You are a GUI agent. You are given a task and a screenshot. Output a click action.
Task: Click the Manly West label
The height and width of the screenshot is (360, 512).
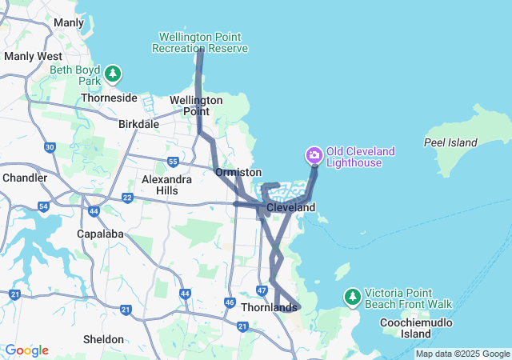(33, 57)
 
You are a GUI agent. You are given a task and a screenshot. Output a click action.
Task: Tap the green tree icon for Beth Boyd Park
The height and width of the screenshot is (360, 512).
(114, 74)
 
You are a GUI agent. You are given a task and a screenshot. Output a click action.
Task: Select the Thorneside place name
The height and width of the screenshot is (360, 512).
(109, 98)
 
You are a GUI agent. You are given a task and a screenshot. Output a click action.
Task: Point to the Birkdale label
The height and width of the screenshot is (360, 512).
(139, 125)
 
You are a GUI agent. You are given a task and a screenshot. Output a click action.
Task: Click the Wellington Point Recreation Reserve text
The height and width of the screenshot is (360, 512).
(200, 42)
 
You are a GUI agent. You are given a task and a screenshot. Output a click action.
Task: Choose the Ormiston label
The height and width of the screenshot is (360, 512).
(238, 172)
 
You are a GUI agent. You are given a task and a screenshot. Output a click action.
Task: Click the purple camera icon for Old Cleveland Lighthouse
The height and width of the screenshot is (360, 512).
(314, 154)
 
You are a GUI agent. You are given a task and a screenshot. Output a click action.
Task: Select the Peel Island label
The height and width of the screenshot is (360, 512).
(450, 143)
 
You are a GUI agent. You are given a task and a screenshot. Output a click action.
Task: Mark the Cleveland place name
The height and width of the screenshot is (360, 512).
(291, 207)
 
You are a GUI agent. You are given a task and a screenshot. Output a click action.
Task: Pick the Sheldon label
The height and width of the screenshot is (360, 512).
(103, 339)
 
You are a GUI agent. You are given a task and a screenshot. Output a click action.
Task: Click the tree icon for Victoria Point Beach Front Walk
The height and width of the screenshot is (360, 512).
(352, 297)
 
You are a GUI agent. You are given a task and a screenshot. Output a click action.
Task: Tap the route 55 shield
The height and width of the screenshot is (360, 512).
(173, 162)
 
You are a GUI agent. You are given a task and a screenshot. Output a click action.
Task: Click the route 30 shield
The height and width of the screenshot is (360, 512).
(50, 147)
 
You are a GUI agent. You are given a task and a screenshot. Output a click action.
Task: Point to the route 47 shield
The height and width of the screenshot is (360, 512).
(262, 290)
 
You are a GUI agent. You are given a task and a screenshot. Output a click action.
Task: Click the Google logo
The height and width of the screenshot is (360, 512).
(26, 350)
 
